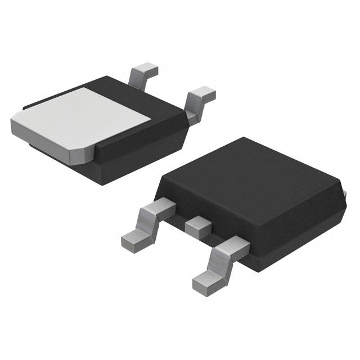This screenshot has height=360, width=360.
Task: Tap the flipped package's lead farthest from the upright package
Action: click(145, 74)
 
